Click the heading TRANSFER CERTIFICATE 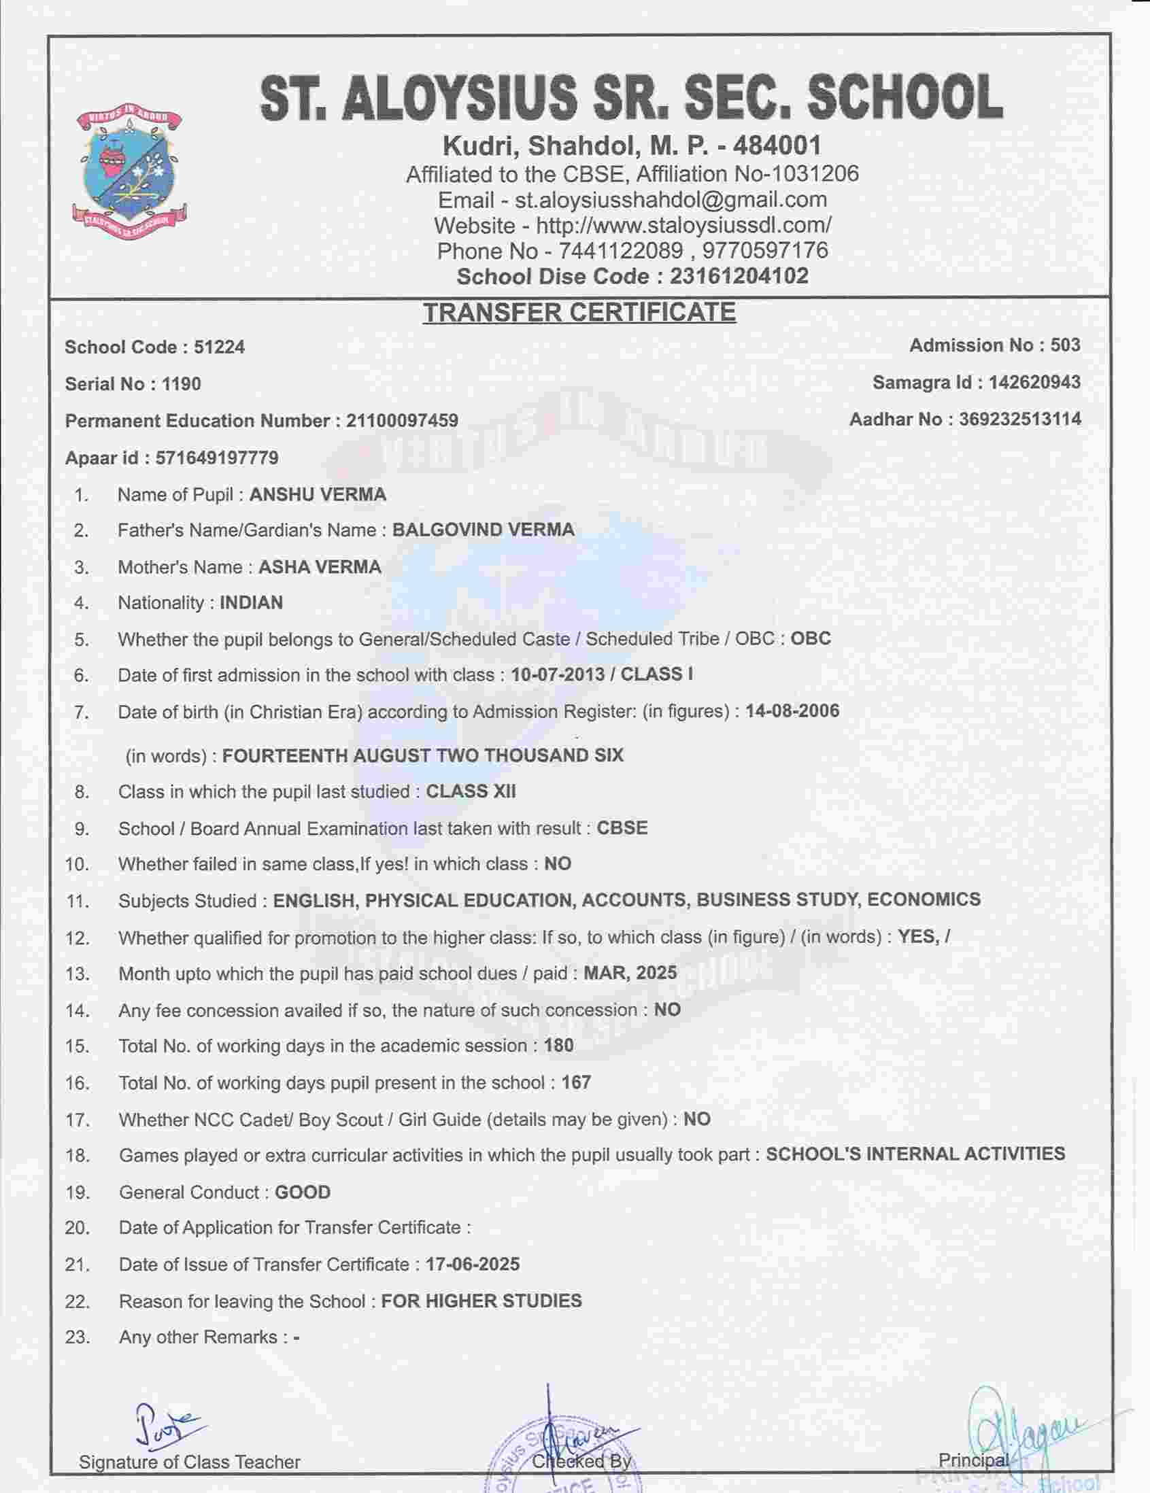[579, 313]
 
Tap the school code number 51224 [220, 347]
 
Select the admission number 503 [1065, 345]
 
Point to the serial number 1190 [181, 384]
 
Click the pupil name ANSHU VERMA [318, 494]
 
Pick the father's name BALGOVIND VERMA [483, 530]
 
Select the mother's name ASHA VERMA [320, 567]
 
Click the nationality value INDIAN [251, 603]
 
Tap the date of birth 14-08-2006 [792, 711]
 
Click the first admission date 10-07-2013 [557, 674]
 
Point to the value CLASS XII [471, 791]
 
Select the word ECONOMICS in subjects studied [924, 899]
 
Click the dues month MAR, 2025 [630, 973]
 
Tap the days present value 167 [576, 1083]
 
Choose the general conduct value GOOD [303, 1193]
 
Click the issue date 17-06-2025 [473, 1265]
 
